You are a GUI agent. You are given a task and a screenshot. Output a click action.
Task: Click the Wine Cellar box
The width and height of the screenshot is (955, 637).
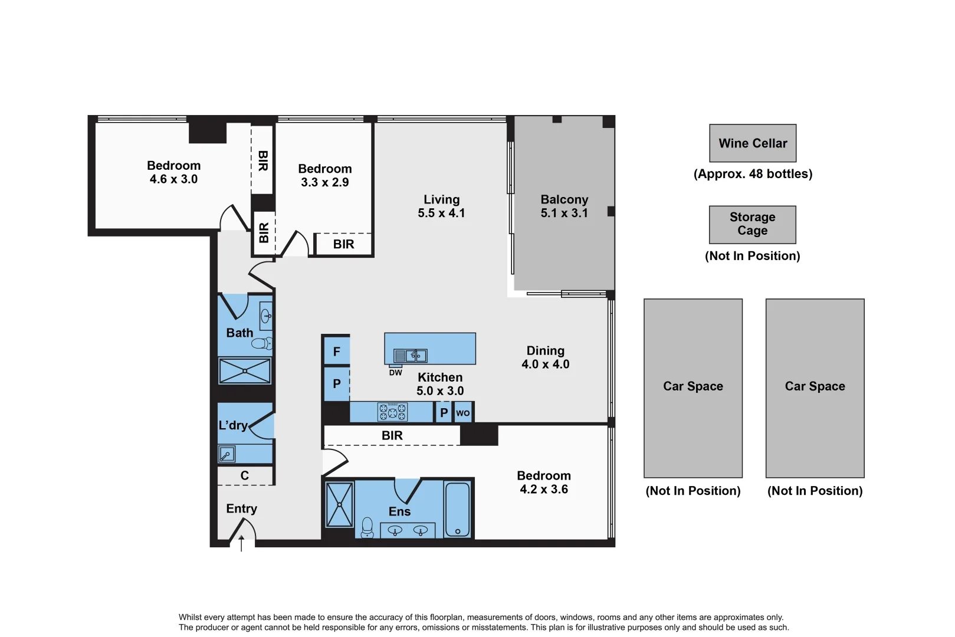click(x=752, y=143)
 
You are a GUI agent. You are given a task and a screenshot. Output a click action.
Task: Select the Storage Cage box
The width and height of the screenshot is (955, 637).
click(x=752, y=224)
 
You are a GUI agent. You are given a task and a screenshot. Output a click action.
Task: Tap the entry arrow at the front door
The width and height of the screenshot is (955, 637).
click(x=241, y=543)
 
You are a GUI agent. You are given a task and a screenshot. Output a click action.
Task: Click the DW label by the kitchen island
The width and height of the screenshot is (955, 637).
click(x=395, y=373)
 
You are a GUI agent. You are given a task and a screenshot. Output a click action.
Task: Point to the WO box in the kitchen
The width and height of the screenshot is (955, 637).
click(x=463, y=413)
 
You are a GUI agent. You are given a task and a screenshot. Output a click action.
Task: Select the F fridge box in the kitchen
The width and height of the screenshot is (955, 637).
click(x=336, y=352)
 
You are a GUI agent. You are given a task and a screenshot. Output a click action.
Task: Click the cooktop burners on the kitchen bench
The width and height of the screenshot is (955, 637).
click(x=392, y=412)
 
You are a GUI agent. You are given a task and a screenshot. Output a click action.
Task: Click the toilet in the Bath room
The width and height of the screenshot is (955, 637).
click(x=263, y=343)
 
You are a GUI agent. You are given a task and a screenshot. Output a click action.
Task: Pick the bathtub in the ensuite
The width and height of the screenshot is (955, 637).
click(x=457, y=509)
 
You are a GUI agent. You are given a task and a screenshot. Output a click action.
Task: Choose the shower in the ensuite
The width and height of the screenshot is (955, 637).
click(x=339, y=505)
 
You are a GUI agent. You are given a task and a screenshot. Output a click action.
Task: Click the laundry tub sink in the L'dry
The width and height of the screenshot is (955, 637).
click(x=227, y=454)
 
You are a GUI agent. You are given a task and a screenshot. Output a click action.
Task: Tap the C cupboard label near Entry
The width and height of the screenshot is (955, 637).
click(x=245, y=475)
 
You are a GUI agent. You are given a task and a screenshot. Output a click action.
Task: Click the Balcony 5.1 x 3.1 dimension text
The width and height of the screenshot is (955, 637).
click(x=564, y=213)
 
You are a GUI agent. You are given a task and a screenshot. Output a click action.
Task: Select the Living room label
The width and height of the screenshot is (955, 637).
click(x=441, y=199)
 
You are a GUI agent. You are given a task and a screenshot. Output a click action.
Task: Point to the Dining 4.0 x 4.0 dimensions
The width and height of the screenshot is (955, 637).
click(x=545, y=365)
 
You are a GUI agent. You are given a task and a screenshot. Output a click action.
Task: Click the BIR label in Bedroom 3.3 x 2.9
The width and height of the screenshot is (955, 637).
click(x=343, y=244)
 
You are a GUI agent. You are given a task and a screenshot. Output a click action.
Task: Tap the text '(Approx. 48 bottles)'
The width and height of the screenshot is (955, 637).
click(x=753, y=174)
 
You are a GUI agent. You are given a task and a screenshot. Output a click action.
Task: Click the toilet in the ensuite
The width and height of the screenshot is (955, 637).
click(x=367, y=527)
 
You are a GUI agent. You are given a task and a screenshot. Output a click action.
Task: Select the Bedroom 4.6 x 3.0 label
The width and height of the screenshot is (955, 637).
click(x=173, y=172)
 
